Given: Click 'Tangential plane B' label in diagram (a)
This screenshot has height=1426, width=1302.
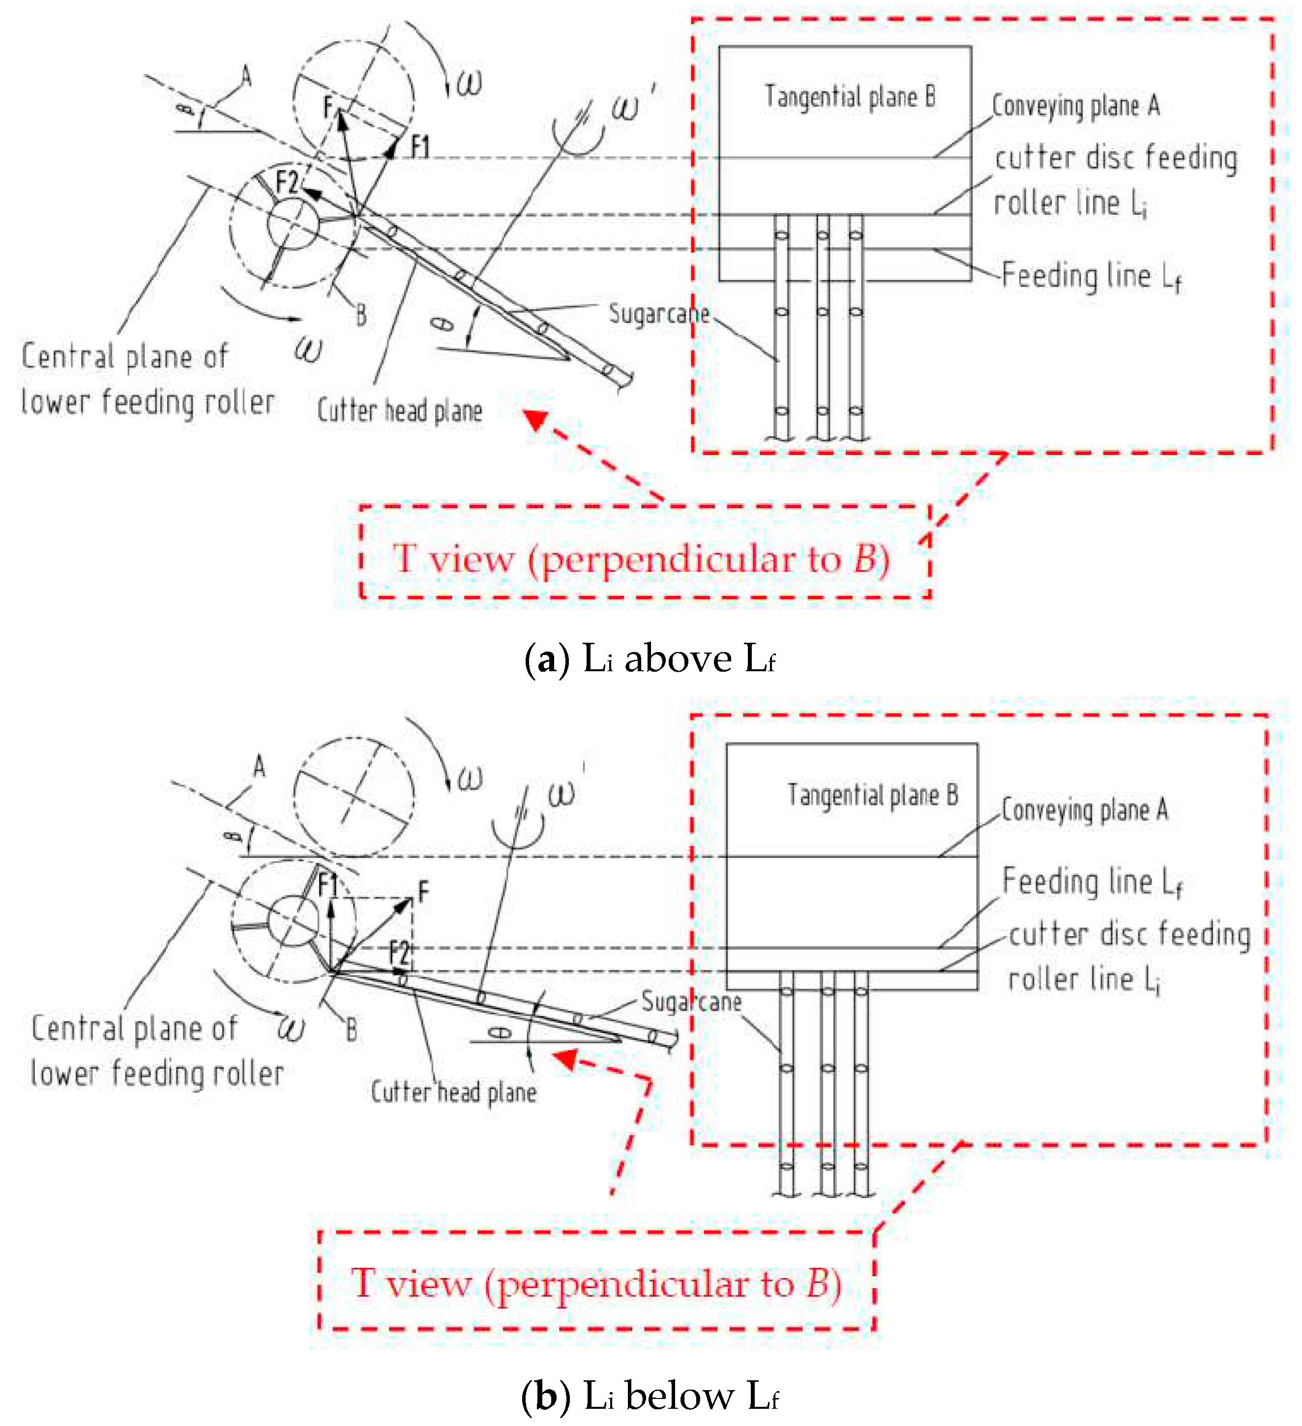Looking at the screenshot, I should click(x=849, y=97).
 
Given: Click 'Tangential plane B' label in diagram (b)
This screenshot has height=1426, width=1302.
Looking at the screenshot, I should click(x=872, y=795).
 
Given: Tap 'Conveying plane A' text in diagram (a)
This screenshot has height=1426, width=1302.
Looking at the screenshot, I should click(x=1075, y=106).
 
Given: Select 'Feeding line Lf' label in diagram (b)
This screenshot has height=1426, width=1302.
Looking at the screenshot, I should click(x=1091, y=882).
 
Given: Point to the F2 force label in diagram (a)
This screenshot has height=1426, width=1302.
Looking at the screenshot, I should click(x=287, y=182).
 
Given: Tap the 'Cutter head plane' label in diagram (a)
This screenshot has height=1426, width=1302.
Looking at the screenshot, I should click(x=399, y=411).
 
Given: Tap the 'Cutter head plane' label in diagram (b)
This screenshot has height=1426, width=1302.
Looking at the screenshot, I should click(x=453, y=1092).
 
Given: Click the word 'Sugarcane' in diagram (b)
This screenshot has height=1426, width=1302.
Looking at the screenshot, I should click(x=691, y=1001).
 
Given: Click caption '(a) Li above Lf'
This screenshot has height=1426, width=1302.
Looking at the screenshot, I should click(x=650, y=659).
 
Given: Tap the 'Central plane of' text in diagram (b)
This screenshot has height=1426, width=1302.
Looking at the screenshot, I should click(x=134, y=1028).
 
